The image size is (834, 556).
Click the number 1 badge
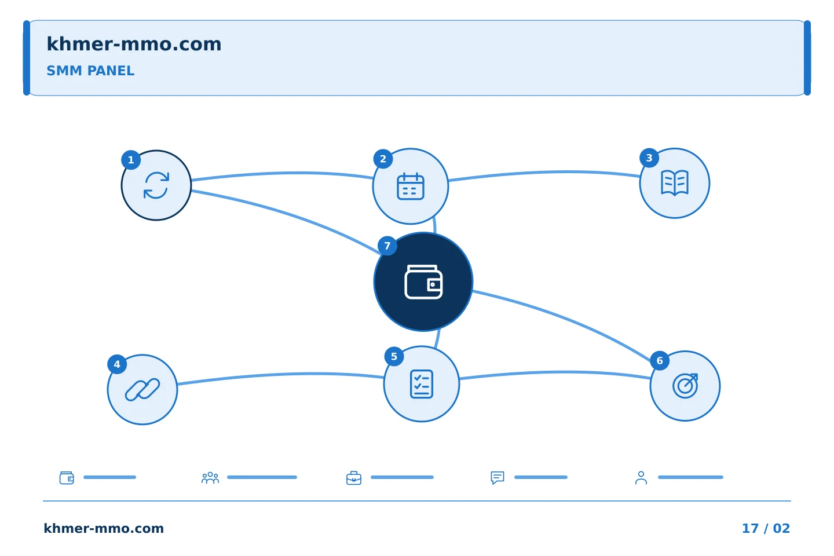131,160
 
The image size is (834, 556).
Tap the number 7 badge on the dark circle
387,246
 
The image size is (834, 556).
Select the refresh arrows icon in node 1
156,185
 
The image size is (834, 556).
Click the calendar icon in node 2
410,186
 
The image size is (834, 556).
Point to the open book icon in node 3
675,183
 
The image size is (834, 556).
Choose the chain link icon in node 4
142,390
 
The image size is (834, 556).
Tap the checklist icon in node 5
422,384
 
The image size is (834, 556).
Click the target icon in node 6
685,386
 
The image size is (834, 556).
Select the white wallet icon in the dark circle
423,282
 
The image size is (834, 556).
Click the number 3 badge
649,158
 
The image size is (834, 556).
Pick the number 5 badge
394,357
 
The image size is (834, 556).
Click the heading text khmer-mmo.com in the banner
134,44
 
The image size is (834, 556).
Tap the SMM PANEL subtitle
90,71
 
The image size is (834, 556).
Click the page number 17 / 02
766,528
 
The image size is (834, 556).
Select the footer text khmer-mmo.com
104,528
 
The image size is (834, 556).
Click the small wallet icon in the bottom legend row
67,478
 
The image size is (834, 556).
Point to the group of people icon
210,478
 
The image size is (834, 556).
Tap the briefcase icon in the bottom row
354,478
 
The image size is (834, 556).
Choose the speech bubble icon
498,478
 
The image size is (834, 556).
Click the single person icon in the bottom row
641,478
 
